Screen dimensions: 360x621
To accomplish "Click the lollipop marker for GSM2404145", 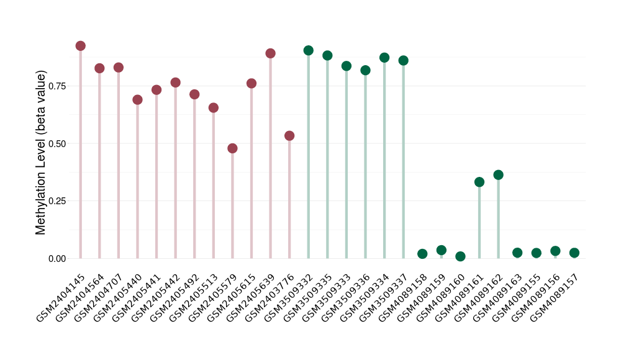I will coord(80,46).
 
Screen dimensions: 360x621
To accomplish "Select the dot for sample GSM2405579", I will coord(232,148).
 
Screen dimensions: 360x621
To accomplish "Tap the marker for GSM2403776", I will coord(289,136).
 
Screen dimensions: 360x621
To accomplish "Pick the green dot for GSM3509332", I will coord(308,50).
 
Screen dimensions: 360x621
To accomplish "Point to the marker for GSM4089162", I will coord(498,175).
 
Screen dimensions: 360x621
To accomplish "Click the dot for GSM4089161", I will coord(479,182).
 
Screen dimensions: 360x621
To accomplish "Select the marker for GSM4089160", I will coord(460,256).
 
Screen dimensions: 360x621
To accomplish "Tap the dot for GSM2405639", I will coord(270,53).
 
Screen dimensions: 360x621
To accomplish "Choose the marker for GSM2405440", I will coord(137,100).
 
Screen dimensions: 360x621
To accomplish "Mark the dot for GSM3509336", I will coord(365,70).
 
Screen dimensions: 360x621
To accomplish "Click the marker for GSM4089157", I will coord(574,253).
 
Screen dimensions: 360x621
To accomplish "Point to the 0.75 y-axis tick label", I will coord(56,86).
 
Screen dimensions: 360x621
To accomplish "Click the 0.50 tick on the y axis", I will coord(56,143).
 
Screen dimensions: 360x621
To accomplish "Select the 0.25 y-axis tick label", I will coord(56,201).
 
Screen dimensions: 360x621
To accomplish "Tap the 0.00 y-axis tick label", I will coord(56,259).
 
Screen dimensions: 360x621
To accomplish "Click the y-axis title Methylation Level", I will coord(41,153).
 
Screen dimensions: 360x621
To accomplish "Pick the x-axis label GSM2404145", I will coord(61,297).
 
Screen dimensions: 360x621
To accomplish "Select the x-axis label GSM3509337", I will coord(384,297).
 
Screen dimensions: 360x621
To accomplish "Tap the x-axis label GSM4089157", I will coord(555,297).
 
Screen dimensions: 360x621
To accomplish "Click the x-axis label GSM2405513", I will coord(194,297).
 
